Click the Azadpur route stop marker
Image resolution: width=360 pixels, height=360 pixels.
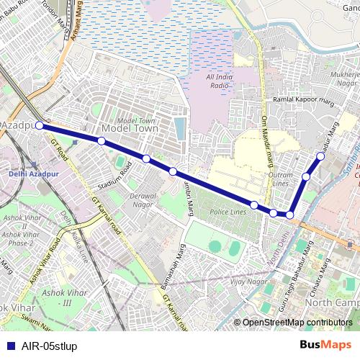tap(40, 125)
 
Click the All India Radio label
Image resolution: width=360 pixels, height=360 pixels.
tap(219, 81)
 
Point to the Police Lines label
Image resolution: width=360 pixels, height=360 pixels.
tap(228, 212)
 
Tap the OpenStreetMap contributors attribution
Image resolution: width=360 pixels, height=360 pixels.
tap(297, 322)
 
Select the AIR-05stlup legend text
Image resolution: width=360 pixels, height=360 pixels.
tap(50, 346)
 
